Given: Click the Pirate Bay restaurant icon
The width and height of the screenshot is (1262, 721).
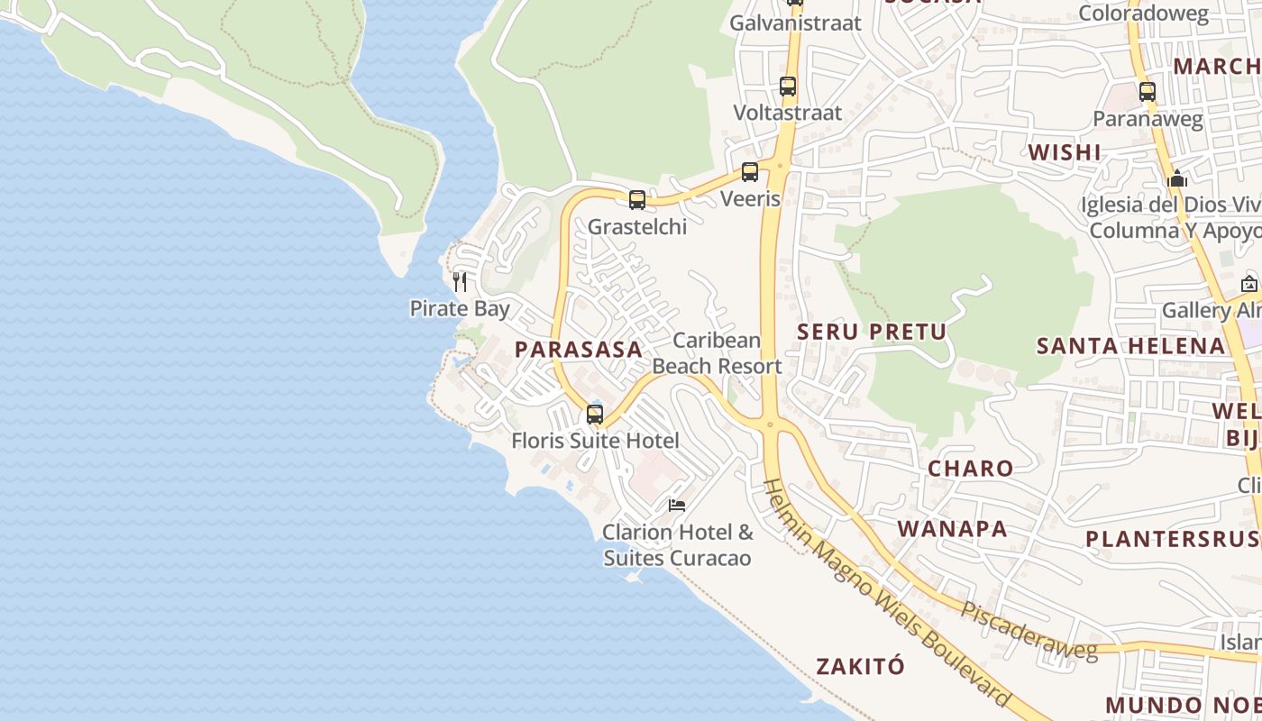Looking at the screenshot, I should [x=460, y=281].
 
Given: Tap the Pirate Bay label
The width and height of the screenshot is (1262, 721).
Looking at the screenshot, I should [x=460, y=308].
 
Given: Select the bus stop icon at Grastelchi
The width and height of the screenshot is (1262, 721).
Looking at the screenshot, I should [x=637, y=200].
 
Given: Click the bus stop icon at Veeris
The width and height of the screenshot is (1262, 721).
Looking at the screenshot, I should [x=750, y=172].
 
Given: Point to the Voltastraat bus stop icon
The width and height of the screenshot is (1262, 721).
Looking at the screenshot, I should [x=788, y=87].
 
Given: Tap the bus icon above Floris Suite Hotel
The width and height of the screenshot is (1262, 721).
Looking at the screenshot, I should [x=595, y=415].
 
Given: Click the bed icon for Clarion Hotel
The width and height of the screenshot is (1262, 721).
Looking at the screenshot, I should [x=677, y=506].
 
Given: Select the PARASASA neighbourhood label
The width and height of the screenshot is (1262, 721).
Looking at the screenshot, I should [x=579, y=350].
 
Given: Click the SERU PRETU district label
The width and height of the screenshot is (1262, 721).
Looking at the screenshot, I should [x=872, y=332].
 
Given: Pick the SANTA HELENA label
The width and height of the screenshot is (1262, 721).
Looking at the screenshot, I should [x=1130, y=346].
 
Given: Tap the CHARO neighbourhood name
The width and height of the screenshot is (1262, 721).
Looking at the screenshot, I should [x=971, y=469].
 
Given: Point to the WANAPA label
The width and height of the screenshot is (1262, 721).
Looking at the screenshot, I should [x=953, y=529].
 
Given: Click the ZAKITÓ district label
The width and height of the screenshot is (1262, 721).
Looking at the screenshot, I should [x=860, y=667].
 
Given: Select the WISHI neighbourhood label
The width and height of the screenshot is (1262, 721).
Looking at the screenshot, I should [x=1065, y=152].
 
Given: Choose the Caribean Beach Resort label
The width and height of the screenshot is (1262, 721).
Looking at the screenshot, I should [x=718, y=353].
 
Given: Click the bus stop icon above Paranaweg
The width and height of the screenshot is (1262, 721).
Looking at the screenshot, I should [x=1148, y=92].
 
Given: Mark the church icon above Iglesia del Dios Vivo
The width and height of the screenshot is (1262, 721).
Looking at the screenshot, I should [x=1177, y=178].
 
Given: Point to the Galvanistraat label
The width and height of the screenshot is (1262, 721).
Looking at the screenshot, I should [x=796, y=23].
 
